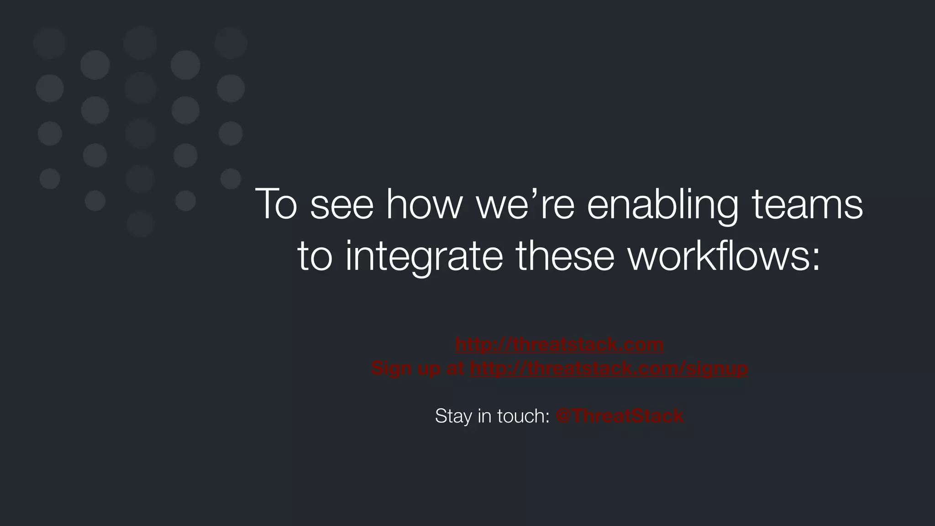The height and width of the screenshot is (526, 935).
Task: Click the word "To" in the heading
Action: [276, 204]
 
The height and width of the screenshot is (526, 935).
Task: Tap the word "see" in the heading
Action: [341, 205]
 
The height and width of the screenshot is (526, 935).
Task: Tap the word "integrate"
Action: [424, 257]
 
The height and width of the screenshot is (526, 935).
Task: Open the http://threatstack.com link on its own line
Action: [559, 344]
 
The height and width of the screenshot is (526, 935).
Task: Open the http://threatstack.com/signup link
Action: [609, 368]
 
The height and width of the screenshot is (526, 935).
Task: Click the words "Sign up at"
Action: [418, 368]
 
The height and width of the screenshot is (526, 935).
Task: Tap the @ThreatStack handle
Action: [620, 416]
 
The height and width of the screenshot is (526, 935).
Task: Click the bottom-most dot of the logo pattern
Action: [140, 224]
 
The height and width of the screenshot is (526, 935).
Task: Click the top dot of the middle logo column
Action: [140, 43]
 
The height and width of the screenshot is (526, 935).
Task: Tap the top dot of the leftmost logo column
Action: [50, 43]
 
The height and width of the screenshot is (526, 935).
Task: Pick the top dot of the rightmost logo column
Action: [231, 43]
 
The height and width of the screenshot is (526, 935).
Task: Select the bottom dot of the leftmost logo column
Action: [50, 179]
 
